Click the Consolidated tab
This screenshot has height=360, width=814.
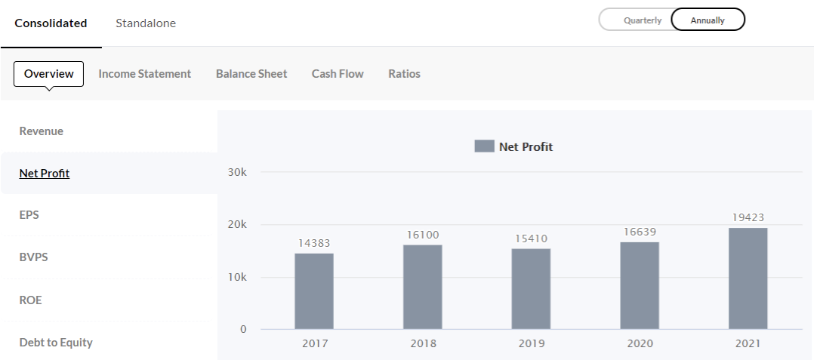coord(51,23)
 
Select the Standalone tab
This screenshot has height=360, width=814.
coord(146,23)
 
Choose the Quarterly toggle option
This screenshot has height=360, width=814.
coord(642,20)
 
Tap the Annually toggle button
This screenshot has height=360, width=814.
coord(708,20)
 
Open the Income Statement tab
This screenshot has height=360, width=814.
coord(144,74)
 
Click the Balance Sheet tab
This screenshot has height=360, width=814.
coord(251,74)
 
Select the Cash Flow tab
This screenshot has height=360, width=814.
coord(338,74)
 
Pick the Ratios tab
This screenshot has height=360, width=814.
coord(404,74)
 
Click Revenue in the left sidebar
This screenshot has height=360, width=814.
coord(42,131)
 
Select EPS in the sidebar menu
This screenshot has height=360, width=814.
coord(29,215)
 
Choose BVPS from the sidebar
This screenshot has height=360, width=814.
coord(33,257)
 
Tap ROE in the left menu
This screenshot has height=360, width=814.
coord(31,300)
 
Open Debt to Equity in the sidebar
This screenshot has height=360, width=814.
coord(56,343)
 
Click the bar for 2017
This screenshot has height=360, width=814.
coord(314,291)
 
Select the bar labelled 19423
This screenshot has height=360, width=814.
coord(748,278)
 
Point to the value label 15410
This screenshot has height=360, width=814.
coord(531,238)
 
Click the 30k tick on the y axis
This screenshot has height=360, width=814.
coord(237,172)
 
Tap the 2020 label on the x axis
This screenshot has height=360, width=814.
coord(640,343)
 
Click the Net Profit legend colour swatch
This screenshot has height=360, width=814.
coord(484,146)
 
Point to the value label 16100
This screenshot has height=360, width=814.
coord(423,235)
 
